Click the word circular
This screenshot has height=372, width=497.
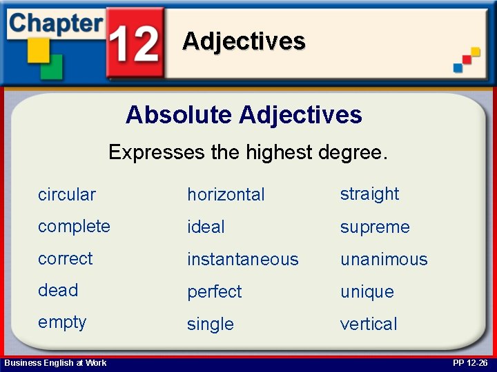(x=67, y=194)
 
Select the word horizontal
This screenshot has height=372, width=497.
(x=226, y=194)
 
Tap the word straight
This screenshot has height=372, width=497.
(x=369, y=194)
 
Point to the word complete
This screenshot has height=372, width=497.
(x=74, y=227)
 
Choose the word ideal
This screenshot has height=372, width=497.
(x=206, y=227)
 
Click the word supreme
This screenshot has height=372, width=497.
(x=375, y=227)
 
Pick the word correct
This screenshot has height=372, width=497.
(x=65, y=259)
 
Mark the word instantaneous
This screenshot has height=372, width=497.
(x=242, y=260)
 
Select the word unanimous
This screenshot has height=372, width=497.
(x=384, y=260)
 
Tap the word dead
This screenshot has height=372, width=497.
(x=58, y=291)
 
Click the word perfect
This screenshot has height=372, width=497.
(x=215, y=292)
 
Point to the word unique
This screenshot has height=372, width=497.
(x=367, y=292)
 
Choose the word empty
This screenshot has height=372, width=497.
(x=62, y=323)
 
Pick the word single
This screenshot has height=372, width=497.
(x=211, y=324)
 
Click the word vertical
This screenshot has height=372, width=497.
(x=369, y=324)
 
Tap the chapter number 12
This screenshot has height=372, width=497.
(x=135, y=43)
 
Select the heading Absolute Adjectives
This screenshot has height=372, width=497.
(x=244, y=115)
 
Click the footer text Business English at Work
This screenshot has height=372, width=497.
(x=55, y=363)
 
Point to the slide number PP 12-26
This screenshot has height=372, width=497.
(x=470, y=363)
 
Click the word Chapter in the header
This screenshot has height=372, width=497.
(x=55, y=22)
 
